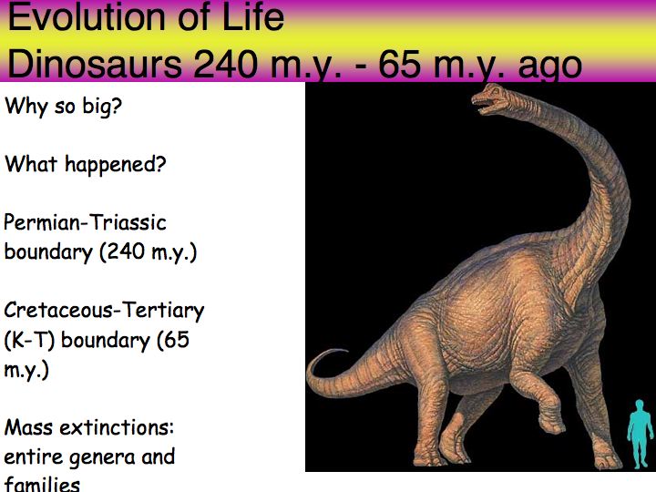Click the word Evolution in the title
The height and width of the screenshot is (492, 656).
[x=87, y=17]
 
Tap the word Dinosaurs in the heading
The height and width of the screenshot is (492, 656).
[x=95, y=65]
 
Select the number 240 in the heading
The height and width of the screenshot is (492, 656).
[x=226, y=65]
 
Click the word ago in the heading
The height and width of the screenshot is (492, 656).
[x=549, y=67]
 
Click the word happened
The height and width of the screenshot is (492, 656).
[x=116, y=164]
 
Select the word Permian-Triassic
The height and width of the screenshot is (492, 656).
[x=85, y=222]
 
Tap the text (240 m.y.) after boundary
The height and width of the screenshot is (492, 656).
[x=149, y=252]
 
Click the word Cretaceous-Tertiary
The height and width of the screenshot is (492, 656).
[x=104, y=311]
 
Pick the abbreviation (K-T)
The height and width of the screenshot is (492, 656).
[x=29, y=340]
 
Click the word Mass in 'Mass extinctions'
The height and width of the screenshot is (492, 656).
[x=27, y=427]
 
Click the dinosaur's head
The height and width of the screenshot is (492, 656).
[x=490, y=98]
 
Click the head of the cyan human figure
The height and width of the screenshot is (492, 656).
[x=640, y=405]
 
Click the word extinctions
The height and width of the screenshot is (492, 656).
[x=117, y=427]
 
